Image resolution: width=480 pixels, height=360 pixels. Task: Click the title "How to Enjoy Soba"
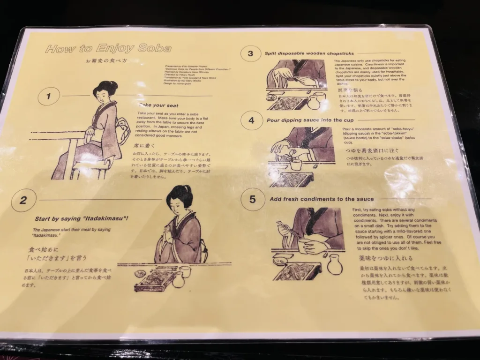108,48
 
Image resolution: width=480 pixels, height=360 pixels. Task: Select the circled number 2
23,201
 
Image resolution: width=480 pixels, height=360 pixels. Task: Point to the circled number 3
250,53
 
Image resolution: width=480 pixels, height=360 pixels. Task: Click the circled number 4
251,120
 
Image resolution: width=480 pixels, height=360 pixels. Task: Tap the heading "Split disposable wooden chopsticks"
309,53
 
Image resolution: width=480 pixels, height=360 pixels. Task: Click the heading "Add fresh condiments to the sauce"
322,199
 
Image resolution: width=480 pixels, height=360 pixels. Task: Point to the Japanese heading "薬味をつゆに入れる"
379,258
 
